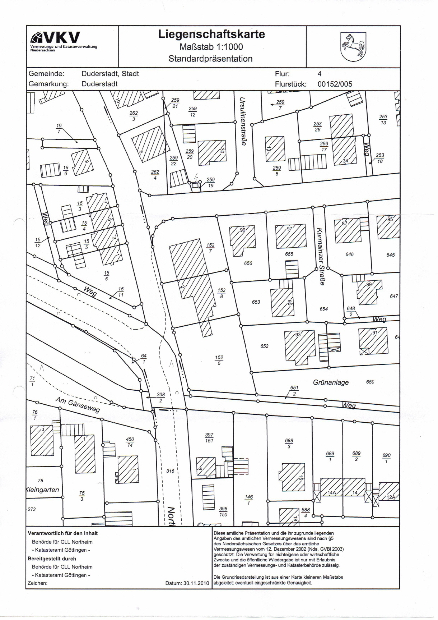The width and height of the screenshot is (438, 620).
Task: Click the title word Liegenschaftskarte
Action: coord(211,35)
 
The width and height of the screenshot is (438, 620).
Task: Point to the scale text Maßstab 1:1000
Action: coord(211,47)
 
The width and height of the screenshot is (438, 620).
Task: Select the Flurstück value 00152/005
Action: coord(335,84)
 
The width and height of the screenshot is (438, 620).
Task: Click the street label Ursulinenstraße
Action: coord(243,121)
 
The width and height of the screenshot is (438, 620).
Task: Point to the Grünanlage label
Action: coord(331,382)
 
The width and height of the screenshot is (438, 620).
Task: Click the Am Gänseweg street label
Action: coord(78,405)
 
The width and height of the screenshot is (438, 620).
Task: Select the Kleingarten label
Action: coord(43,490)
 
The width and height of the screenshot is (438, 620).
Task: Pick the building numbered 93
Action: coord(299,348)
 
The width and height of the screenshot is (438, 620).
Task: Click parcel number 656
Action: coord(248,263)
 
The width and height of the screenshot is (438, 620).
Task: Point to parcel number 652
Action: coord(264,346)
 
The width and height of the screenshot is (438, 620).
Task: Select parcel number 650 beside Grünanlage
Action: coord(370,382)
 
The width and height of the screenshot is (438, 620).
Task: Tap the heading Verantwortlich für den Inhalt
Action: coord(63,533)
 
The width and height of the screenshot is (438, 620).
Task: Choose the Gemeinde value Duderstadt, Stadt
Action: coord(110,74)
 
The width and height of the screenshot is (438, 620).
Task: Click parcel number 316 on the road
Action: coord(170,471)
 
